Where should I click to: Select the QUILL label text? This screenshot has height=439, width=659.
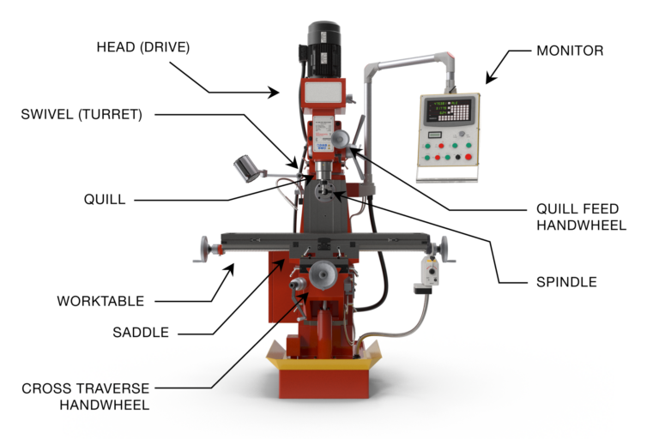point(105,199)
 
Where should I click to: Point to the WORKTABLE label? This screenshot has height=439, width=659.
point(100,301)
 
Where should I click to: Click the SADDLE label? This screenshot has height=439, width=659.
point(140,332)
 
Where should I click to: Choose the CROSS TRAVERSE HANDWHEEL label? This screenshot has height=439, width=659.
point(85,396)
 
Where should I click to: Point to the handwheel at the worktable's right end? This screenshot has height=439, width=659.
point(443,249)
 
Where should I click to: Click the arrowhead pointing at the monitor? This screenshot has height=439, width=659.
point(490,81)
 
